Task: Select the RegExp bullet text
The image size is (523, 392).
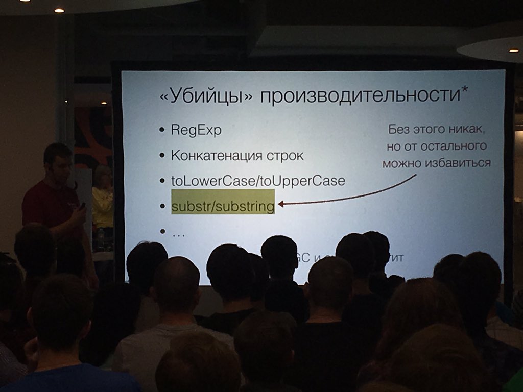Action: pyautogui.click(x=196, y=131)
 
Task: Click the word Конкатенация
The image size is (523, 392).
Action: pyautogui.click(x=210, y=156)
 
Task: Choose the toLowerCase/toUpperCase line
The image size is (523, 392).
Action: pyautogui.click(x=258, y=181)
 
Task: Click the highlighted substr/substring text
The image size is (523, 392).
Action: pyautogui.click(x=223, y=206)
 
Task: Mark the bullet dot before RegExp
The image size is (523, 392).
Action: pyautogui.click(x=161, y=130)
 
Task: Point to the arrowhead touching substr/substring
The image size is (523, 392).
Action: pyautogui.click(x=281, y=204)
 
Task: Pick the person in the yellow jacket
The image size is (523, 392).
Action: pyautogui.click(x=102, y=202)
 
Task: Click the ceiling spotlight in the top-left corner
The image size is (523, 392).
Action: pyautogui.click(x=59, y=10)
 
